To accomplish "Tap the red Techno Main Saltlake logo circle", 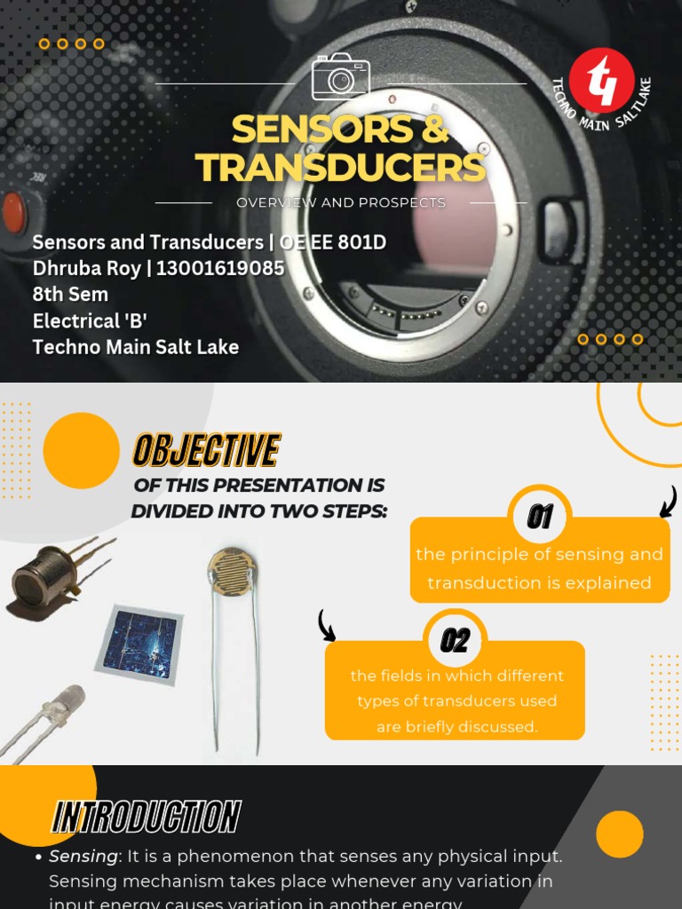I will tap(601, 78).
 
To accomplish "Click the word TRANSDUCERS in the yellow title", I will tap(341, 168).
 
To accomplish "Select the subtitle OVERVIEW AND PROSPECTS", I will tap(341, 202).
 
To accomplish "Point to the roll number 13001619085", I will tap(220, 268).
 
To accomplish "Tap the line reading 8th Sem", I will tap(70, 294).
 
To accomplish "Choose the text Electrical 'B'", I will tap(90, 320).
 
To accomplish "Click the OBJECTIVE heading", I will tap(206, 451).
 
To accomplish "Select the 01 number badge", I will tap(540, 517).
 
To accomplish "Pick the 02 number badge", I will tap(455, 640).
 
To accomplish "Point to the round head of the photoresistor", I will tap(232, 568).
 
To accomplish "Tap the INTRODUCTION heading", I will tap(147, 817).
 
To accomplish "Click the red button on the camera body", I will tap(12, 213).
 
